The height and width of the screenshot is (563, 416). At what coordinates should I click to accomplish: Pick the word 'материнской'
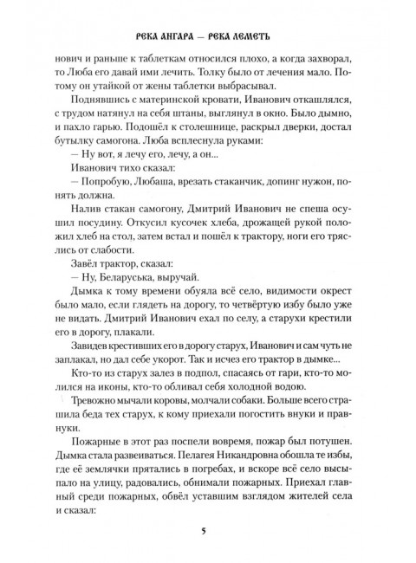[151, 113]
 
